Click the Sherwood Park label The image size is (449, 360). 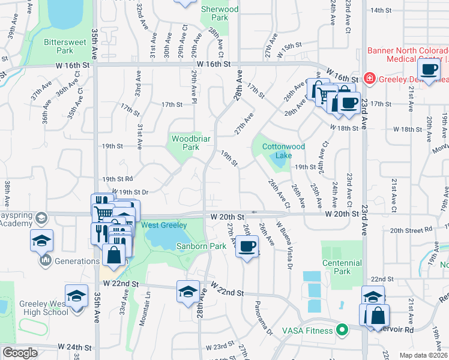[x=220, y=13]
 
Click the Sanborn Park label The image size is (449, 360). [x=200, y=246]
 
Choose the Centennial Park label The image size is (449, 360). [x=342, y=267]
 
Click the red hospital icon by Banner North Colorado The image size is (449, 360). [x=369, y=79]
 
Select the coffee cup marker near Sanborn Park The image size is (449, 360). [x=246, y=245]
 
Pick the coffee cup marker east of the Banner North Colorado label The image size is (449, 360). [x=429, y=70]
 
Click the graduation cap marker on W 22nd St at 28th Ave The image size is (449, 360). [x=188, y=291]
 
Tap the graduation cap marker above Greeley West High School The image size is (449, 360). [x=76, y=296]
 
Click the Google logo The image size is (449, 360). [x=20, y=353]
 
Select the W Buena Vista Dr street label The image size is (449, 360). [x=285, y=244]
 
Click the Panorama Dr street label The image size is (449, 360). [x=262, y=317]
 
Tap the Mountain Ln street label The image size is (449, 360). [x=144, y=310]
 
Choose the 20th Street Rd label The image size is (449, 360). [x=411, y=230]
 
